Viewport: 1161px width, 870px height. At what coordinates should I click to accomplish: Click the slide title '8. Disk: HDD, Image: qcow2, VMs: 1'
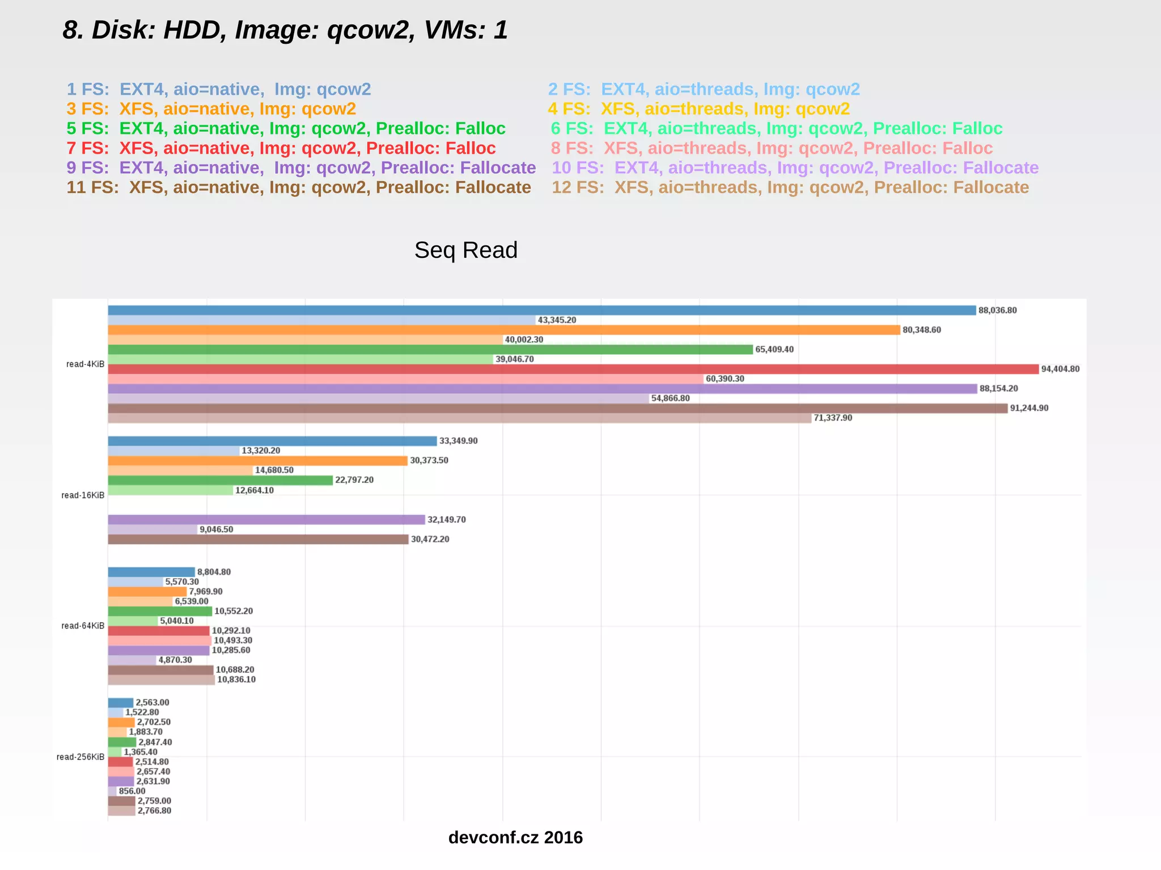tap(285, 30)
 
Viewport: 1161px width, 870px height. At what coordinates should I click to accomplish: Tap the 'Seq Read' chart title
tap(465, 250)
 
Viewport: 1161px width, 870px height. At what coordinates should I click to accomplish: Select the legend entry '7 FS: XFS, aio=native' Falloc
tap(281, 148)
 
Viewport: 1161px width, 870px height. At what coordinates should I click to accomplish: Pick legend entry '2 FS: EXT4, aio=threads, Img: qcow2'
tap(704, 90)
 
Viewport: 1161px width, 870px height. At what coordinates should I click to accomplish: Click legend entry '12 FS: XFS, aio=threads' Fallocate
tap(790, 188)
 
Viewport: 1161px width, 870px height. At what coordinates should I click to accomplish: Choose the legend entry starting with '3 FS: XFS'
tap(211, 109)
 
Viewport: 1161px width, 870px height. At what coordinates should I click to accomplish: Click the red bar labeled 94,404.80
tap(573, 369)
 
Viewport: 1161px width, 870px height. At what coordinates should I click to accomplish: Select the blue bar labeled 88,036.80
tap(541, 311)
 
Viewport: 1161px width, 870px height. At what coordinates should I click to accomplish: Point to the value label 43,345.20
tap(557, 320)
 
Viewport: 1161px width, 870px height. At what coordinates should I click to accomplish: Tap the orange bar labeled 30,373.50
tap(257, 461)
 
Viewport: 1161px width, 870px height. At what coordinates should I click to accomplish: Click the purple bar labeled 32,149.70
tap(266, 520)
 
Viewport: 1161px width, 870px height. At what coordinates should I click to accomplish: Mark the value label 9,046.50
tap(216, 529)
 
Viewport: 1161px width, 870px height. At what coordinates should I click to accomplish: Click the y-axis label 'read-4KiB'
tap(85, 364)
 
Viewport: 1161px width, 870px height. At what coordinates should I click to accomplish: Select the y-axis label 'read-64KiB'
tap(83, 626)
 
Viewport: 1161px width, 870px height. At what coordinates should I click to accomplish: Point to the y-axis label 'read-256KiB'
tap(80, 757)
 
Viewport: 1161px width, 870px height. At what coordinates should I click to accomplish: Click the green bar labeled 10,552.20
tap(160, 611)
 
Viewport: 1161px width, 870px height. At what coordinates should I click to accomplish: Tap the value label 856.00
tap(132, 791)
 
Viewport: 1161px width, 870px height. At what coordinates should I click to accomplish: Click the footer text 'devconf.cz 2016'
tap(515, 838)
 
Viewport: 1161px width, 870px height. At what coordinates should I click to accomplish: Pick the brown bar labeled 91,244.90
tap(557, 408)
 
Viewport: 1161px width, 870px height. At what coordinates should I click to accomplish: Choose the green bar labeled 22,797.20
tap(220, 480)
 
